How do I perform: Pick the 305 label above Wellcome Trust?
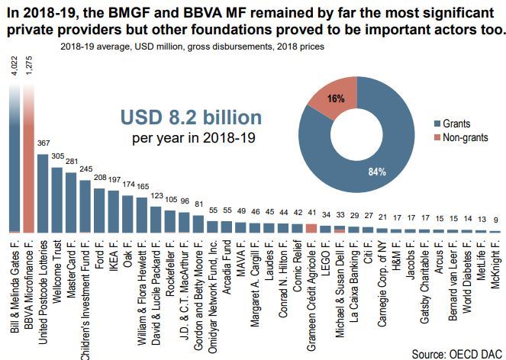click(56, 156)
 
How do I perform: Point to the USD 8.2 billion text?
click(192, 117)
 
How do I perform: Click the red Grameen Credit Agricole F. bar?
click(311, 228)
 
